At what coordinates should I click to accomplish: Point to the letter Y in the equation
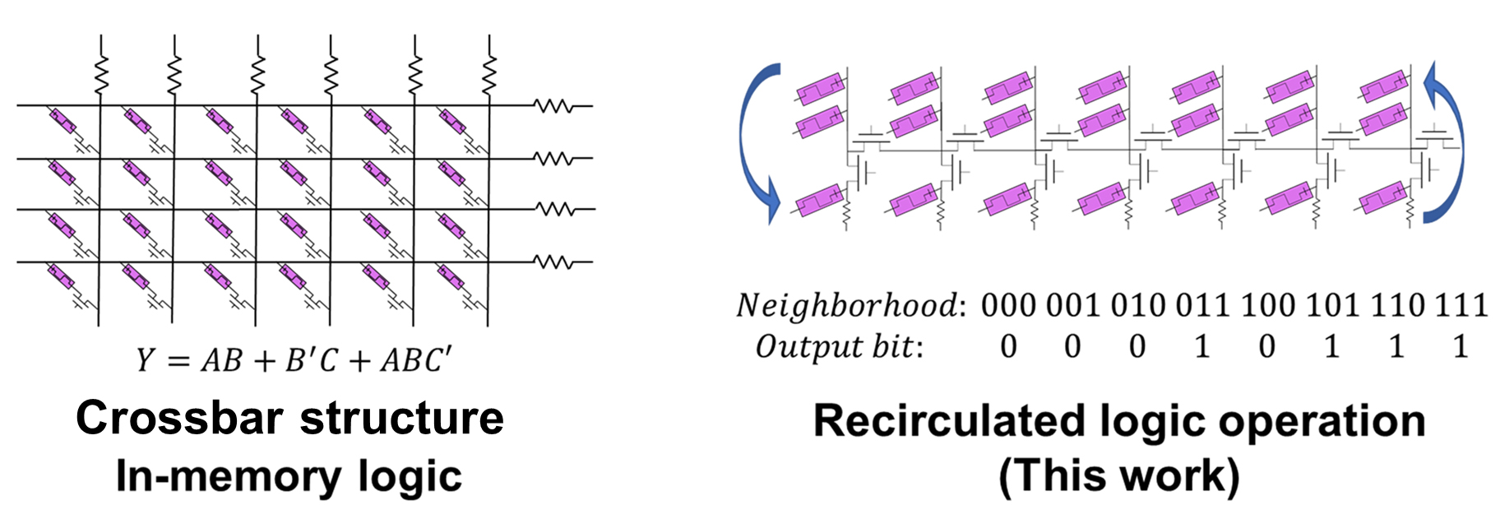tap(146, 360)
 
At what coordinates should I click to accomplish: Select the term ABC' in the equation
tap(416, 360)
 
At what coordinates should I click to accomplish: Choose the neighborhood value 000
tap(1008, 306)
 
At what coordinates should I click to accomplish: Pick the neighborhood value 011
tap(1202, 306)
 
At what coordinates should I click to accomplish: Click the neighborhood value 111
tap(1461, 306)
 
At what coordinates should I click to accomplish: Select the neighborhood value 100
tap(1267, 306)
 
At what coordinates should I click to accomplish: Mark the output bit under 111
tap(1461, 347)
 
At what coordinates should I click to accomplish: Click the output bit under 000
tap(1008, 347)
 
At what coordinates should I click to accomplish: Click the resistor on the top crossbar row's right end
tap(553, 106)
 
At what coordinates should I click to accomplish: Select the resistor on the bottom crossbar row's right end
tap(553, 263)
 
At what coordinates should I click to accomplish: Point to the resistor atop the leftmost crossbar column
tap(101, 74)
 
